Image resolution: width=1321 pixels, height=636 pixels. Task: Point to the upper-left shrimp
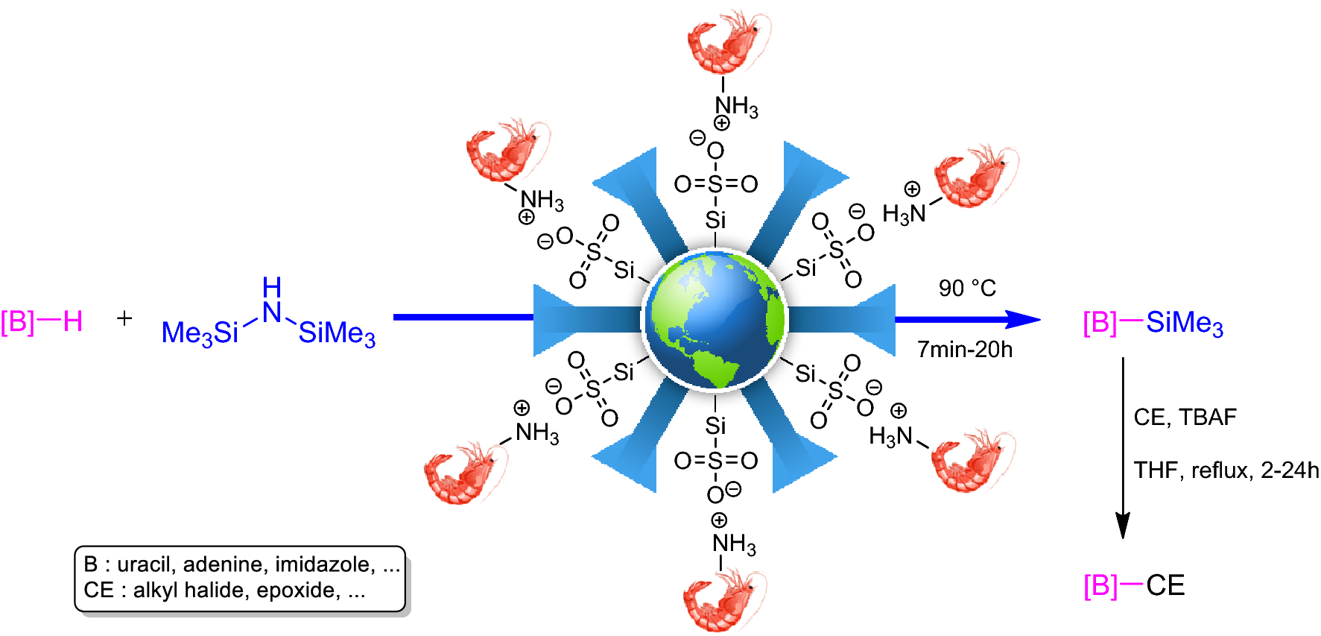pos(503,151)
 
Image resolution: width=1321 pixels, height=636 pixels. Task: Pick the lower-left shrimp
pos(462,473)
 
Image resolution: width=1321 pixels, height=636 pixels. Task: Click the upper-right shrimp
pos(974,177)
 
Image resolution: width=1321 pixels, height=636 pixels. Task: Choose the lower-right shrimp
pos(970,460)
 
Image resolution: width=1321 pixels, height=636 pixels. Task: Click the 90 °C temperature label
pos(967,288)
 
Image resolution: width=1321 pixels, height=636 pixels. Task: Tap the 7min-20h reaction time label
pos(965,349)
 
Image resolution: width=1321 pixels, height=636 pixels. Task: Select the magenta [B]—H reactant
pos(42,322)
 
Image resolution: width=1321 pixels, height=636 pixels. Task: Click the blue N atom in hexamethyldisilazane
pos(272,312)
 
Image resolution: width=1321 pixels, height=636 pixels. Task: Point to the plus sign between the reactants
pos(124,318)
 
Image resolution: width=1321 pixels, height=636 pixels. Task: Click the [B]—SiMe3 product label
pos(1153,324)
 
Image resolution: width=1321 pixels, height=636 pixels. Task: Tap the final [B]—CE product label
pos(1134,586)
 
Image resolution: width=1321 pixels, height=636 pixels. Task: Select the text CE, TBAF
pos(1185,417)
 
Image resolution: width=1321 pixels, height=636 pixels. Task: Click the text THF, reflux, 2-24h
pos(1226,470)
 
